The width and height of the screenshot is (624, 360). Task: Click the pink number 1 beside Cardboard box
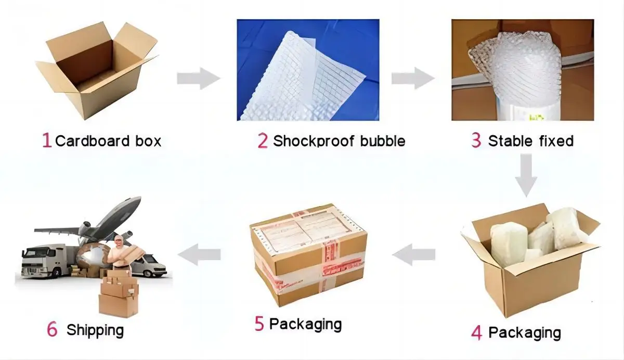pyautogui.click(x=47, y=140)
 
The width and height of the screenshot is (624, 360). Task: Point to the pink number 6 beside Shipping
pyautogui.click(x=52, y=329)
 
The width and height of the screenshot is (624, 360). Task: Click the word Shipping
pyautogui.click(x=95, y=330)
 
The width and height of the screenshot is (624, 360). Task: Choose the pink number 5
pyautogui.click(x=259, y=324)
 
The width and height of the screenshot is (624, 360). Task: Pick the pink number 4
pyautogui.click(x=476, y=332)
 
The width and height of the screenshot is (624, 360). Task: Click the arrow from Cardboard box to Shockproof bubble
pyautogui.click(x=198, y=79)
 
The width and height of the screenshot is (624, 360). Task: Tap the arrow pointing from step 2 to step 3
pyautogui.click(x=412, y=79)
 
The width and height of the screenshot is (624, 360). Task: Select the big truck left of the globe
pyautogui.click(x=44, y=260)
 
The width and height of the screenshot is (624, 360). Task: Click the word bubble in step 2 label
pyautogui.click(x=380, y=140)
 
